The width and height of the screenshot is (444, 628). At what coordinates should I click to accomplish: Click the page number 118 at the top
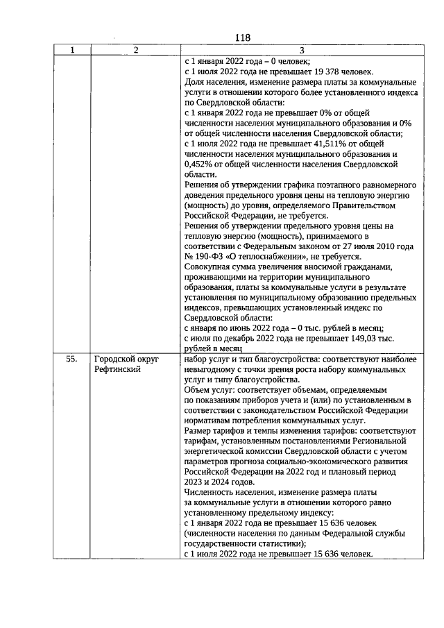tap(242, 38)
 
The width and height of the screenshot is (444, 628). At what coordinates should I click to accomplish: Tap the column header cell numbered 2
tap(135, 50)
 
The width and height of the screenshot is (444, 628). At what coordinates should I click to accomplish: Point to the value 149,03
tap(365, 337)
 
